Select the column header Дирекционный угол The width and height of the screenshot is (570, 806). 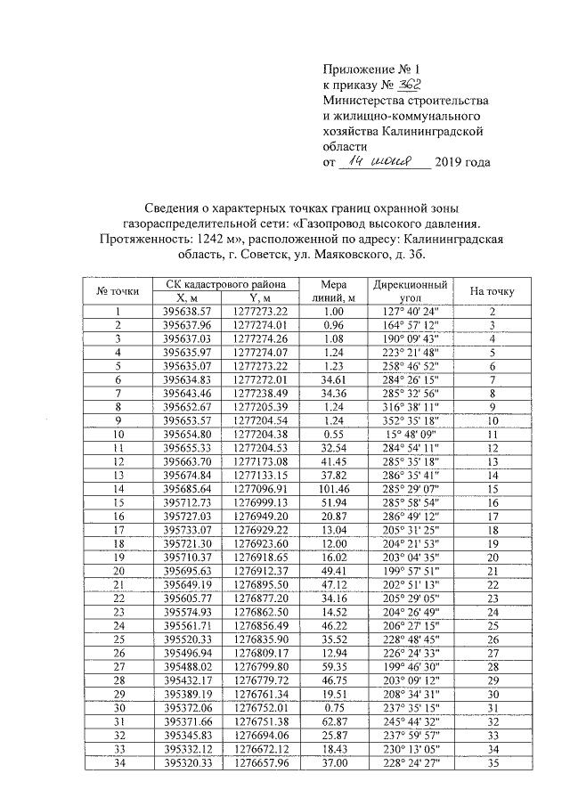click(x=410, y=290)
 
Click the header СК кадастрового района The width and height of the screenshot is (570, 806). click(x=219, y=283)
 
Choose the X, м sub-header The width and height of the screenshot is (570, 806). click(x=187, y=297)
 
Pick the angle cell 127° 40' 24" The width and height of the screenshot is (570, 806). click(x=410, y=312)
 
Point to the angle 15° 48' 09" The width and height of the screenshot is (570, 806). click(x=410, y=435)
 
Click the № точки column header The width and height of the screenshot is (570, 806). click(x=117, y=290)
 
